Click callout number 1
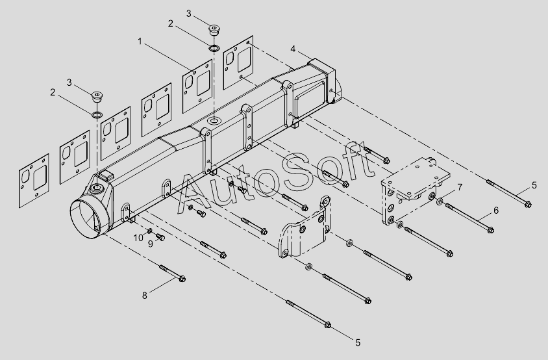(140, 42)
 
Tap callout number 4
(293, 49)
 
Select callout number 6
(495, 211)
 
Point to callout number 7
(460, 188)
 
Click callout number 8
(145, 296)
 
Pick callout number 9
(150, 244)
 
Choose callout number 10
(138, 238)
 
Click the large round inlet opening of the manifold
(87, 219)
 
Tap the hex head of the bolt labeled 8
(182, 279)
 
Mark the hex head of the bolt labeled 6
(491, 230)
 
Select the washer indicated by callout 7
(440, 201)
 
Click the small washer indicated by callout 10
(149, 231)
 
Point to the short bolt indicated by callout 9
(160, 237)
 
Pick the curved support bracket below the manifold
(305, 228)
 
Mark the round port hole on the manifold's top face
(213, 121)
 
